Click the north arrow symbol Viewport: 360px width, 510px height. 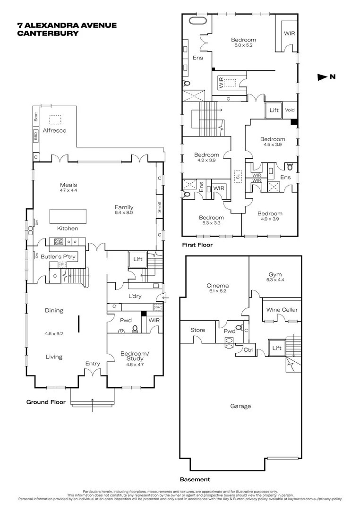(x=323, y=77)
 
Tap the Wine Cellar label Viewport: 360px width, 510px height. (x=283, y=310)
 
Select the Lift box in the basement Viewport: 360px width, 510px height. (x=277, y=348)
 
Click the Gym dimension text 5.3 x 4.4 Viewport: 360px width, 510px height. (x=275, y=280)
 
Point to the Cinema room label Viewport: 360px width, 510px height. (x=218, y=285)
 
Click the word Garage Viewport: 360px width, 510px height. (x=240, y=406)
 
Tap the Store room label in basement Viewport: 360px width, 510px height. (x=197, y=330)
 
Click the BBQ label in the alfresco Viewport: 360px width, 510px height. (x=35, y=136)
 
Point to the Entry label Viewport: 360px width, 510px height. (x=93, y=363)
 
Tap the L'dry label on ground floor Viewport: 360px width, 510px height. (x=135, y=296)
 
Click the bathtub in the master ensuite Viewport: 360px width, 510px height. (x=195, y=21)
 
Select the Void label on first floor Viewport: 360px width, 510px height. (x=290, y=110)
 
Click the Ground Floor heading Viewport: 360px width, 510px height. (x=44, y=402)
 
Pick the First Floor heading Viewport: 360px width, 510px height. (x=197, y=245)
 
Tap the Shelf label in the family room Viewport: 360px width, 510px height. (x=160, y=207)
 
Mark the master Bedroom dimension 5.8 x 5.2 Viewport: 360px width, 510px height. (x=243, y=45)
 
